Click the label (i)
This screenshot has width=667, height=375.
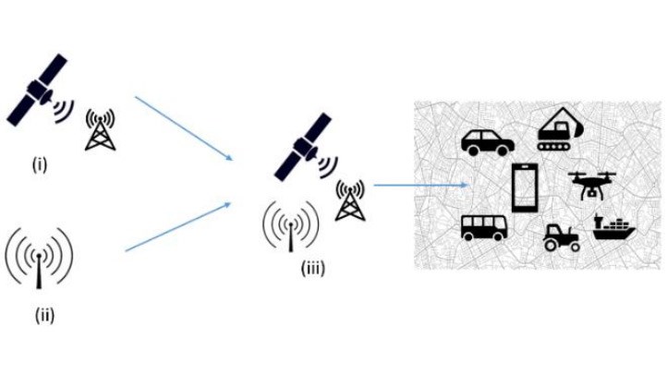click(40, 165)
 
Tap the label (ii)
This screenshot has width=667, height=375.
click(44, 316)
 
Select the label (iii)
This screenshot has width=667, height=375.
click(313, 268)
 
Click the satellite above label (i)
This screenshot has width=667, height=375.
click(40, 90)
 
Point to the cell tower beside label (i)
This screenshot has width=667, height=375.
click(101, 129)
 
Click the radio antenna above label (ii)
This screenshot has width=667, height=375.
click(39, 258)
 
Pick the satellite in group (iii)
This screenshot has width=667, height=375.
click(306, 147)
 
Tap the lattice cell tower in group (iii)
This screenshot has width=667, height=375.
click(350, 200)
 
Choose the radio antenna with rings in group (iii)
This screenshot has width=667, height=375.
click(291, 225)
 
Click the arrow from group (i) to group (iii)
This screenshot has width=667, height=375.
click(184, 128)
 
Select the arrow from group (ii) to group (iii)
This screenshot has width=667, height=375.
click(177, 227)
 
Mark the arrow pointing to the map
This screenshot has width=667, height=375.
click(420, 185)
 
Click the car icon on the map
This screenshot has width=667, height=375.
click(488, 143)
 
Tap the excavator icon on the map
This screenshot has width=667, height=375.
click(560, 128)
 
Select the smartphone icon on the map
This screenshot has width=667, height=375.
click(525, 187)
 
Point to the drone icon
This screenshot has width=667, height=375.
click(591, 185)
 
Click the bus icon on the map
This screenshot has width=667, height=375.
click(484, 227)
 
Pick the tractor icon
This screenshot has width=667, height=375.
click(562, 237)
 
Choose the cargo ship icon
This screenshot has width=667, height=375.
click(613, 227)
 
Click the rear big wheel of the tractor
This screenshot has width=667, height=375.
click(551, 245)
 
